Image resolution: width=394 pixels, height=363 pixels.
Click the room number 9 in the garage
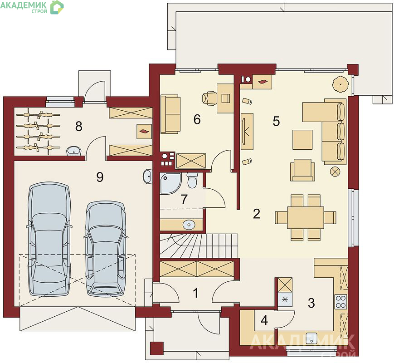pyautogui.click(x=100, y=177)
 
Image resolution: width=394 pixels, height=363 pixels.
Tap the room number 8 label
pyautogui.click(x=78, y=126)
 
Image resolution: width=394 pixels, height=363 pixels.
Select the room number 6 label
pyautogui.click(x=197, y=119)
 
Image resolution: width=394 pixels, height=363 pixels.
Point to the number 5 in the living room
pyautogui.click(x=276, y=121)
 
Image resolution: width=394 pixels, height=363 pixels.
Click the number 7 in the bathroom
pyautogui.click(x=184, y=199)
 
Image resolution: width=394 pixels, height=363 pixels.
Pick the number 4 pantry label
pyautogui.click(x=264, y=320)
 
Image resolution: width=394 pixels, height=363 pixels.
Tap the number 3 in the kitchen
pyautogui.click(x=311, y=303)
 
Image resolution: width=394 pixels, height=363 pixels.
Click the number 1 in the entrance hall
pyautogui.click(x=195, y=293)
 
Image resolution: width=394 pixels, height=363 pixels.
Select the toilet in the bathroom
pyautogui.click(x=193, y=180)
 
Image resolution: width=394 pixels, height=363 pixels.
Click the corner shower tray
pyautogui.click(x=170, y=183)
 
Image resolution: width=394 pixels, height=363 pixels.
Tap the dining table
pyautogui.click(x=305, y=218)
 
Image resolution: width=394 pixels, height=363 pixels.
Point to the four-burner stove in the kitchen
pyautogui.click(x=341, y=302)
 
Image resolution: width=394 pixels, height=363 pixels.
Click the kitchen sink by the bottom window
pyautogui.click(x=311, y=338)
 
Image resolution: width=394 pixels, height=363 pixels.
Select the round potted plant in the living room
pyautogui.click(x=340, y=84)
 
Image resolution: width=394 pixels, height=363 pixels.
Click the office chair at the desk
pyautogui.click(x=209, y=98)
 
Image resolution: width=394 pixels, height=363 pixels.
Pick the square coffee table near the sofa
pyautogui.click(x=302, y=140)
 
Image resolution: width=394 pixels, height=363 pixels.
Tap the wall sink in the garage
pyautogui.click(x=147, y=176)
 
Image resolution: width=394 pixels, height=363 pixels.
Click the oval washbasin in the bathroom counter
pyautogui.click(x=189, y=225)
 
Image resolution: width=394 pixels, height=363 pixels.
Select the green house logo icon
pyautogui.click(x=57, y=7)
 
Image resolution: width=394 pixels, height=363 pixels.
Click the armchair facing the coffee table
pyautogui.click(x=302, y=170)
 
